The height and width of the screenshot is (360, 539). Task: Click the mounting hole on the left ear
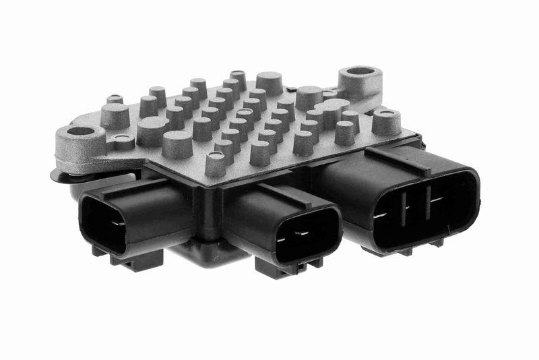(82, 131)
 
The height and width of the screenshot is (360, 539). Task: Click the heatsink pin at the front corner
(216, 163)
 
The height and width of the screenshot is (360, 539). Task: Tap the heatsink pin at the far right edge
(386, 122)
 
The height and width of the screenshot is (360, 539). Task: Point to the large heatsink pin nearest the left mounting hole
(115, 115)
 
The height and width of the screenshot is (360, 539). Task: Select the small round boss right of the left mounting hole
(123, 142)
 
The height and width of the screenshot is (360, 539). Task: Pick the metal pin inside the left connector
(116, 222)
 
